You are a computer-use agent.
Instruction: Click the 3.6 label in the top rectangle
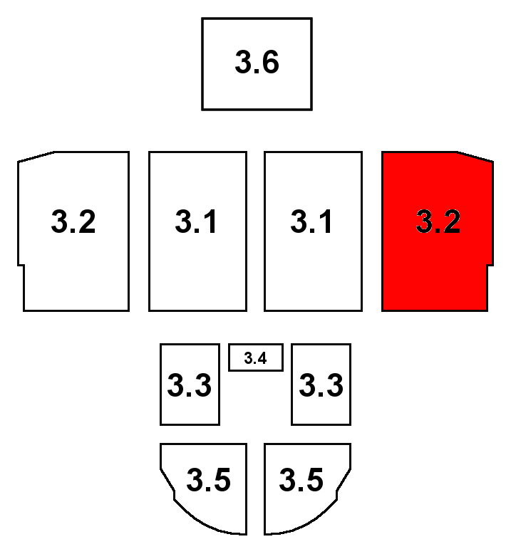click(257, 62)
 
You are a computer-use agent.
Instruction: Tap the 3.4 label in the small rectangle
click(255, 358)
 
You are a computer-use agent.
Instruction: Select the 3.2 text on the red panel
click(438, 221)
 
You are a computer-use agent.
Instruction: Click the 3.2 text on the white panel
click(73, 221)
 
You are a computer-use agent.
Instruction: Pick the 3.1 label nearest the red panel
click(311, 221)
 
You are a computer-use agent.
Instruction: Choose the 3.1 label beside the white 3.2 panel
click(196, 221)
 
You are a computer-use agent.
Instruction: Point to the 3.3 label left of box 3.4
click(190, 385)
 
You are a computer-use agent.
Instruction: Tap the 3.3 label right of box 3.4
click(321, 385)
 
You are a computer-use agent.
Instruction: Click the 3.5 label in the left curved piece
click(208, 480)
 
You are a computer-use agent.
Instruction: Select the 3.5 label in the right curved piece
click(301, 480)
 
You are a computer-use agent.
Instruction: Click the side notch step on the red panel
click(490, 265)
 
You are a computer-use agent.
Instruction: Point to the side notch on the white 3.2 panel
click(21, 265)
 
